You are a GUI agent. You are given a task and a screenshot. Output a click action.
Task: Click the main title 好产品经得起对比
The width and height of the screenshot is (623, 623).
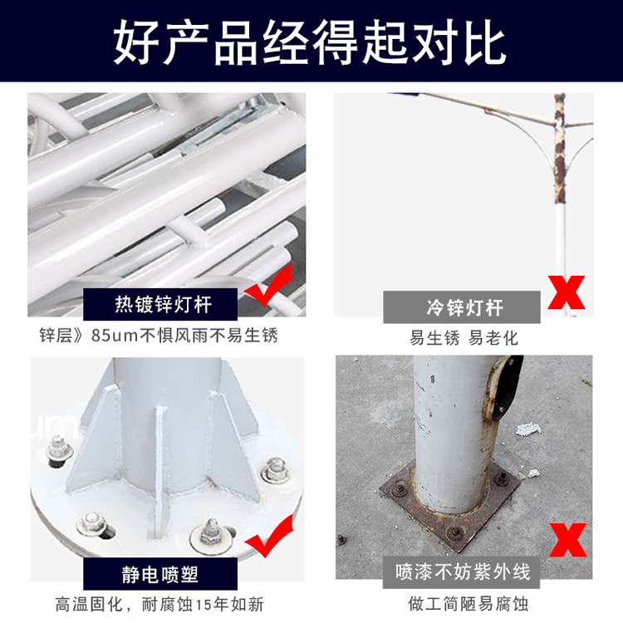pos(310,42)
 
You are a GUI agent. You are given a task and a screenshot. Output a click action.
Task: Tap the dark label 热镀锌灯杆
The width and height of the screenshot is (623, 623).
pos(160,304)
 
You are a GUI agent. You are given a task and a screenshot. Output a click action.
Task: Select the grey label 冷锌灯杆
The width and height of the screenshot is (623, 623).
pos(462,307)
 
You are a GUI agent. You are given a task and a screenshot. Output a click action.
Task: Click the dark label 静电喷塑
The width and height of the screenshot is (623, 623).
pos(160,574)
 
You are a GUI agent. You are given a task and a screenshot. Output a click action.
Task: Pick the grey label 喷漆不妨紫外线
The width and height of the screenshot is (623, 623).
pos(462,572)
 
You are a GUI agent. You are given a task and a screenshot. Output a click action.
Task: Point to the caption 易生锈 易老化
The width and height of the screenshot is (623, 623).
pos(464,338)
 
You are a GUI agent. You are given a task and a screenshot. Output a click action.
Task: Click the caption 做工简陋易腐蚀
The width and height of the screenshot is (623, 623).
pos(468,604)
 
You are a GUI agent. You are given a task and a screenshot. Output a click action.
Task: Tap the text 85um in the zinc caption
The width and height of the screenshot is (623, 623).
pos(115,336)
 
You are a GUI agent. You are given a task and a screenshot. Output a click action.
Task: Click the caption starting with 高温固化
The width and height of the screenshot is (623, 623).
pos(159,605)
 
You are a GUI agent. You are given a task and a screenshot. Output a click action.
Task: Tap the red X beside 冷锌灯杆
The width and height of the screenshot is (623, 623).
pos(567,292)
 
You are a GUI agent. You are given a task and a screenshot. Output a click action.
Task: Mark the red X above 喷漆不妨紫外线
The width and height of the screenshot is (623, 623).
pos(568,541)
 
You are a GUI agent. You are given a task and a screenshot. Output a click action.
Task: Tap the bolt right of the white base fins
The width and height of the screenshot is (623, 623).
pos(275,470)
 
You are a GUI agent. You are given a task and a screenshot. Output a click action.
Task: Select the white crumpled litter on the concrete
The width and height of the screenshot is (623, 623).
pos(528,429)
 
